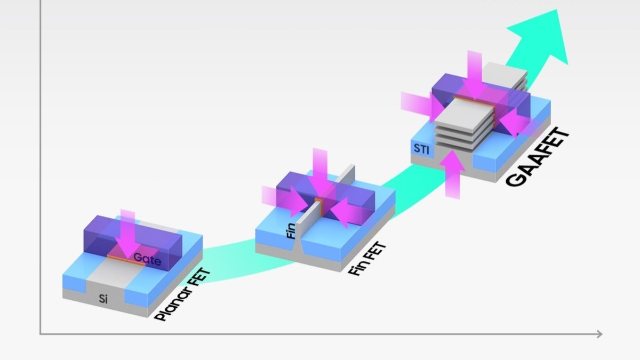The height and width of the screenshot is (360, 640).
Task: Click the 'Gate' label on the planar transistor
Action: pyautogui.click(x=147, y=258)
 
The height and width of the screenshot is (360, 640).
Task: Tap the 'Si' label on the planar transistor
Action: pyautogui.click(x=103, y=299)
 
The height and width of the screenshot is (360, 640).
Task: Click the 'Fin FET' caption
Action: pyautogui.click(x=367, y=259)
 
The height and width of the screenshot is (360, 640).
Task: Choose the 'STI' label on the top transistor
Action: pyautogui.click(x=421, y=148)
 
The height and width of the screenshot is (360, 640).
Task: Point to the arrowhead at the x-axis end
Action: pyautogui.click(x=599, y=334)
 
